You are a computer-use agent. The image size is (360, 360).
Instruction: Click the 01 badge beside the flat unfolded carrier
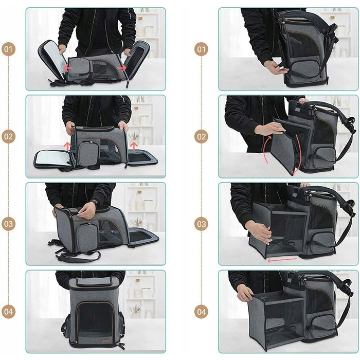point(9,49)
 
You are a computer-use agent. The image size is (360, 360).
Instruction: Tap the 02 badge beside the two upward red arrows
point(9,137)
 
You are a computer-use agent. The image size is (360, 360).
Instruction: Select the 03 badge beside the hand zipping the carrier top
point(9,224)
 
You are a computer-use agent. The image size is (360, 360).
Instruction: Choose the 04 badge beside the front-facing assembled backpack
point(9,312)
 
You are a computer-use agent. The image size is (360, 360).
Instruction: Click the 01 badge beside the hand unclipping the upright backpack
point(202,49)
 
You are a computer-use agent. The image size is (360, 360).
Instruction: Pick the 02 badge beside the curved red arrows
point(202,137)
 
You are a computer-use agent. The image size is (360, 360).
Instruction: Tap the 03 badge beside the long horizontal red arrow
point(202,224)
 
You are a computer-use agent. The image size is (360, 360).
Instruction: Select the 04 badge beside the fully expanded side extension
point(202,312)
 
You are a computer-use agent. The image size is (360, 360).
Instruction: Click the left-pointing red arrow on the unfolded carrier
point(68,68)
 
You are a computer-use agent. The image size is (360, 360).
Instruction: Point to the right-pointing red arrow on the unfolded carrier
point(122,68)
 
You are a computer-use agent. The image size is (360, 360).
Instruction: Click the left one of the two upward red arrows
point(67,147)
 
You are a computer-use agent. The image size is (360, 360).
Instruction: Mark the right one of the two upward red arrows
point(134,147)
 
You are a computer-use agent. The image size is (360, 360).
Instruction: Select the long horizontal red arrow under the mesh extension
point(282,260)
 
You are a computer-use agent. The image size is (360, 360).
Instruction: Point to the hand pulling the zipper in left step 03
point(86,210)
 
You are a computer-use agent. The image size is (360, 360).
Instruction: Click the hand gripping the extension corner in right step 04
point(245,294)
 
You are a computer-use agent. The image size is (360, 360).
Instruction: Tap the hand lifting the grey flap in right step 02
point(269,129)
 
